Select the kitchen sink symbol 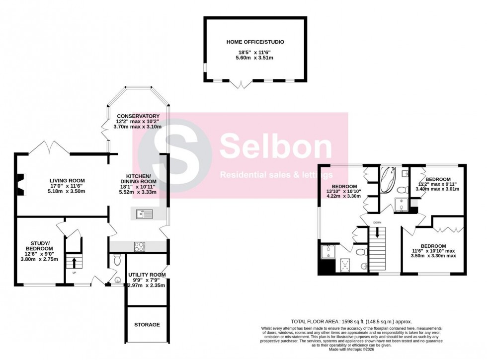click(145, 214)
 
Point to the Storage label click(147, 325)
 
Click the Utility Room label click(147, 275)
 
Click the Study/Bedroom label click(39, 245)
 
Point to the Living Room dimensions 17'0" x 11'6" click(67, 186)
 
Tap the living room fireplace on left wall click(19, 184)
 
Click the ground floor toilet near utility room click(117, 259)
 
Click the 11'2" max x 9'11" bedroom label click(438, 179)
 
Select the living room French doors click(49, 148)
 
